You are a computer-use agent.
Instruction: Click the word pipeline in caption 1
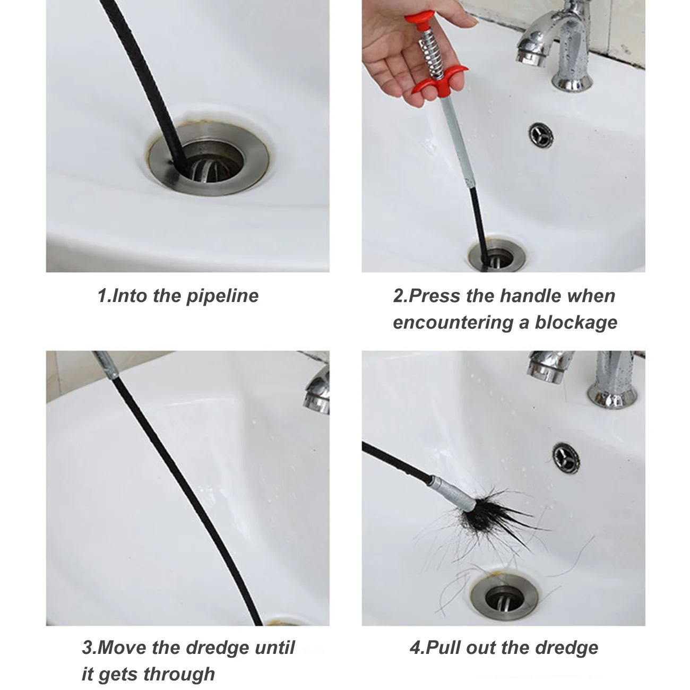point(222,296)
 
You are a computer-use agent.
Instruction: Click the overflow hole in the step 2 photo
point(541,135)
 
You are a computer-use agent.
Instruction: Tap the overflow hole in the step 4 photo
point(566,456)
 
